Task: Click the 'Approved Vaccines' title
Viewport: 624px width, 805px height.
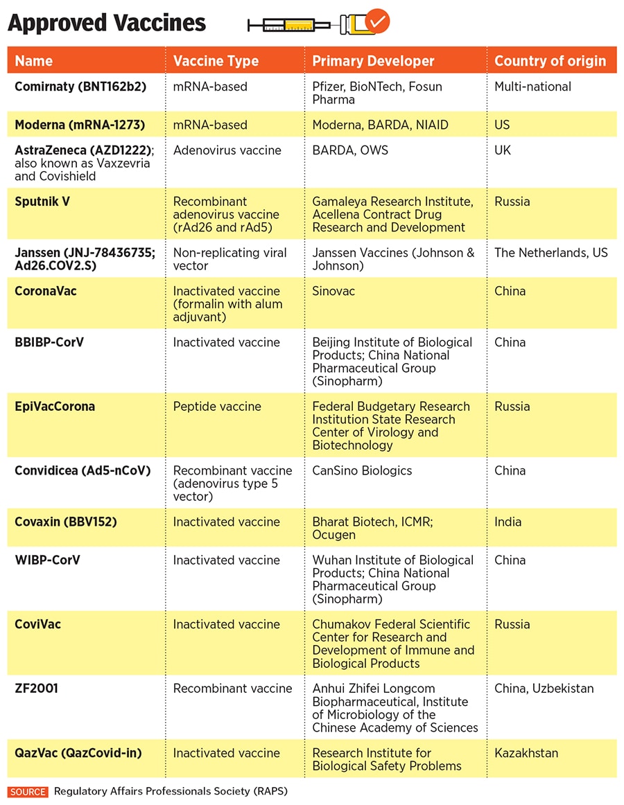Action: (x=107, y=23)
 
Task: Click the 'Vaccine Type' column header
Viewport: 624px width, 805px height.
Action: (x=216, y=61)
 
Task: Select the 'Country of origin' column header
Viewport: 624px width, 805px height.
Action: (x=550, y=61)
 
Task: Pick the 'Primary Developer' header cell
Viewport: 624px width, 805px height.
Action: (x=373, y=61)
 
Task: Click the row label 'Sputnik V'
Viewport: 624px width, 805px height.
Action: (x=42, y=202)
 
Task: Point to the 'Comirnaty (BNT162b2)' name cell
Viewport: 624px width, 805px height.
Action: (x=78, y=87)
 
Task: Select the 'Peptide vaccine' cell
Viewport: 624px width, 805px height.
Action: (x=217, y=407)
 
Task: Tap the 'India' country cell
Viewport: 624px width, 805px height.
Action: (x=508, y=522)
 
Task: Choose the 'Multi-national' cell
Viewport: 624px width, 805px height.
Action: (x=532, y=87)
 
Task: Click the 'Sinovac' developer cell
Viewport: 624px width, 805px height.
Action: (x=333, y=291)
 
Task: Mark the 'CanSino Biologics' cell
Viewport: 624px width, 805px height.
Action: (x=362, y=470)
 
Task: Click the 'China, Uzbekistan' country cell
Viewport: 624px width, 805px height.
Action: (x=544, y=689)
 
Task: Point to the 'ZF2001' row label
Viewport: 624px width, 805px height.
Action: (x=36, y=689)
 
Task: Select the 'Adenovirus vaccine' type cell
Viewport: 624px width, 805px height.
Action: (x=227, y=150)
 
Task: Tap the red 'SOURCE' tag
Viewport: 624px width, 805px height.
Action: (x=28, y=791)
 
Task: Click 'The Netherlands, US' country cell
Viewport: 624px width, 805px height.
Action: (x=551, y=253)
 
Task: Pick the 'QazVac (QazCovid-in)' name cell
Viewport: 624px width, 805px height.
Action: (x=78, y=753)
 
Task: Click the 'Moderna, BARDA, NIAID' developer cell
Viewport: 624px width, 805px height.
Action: (x=380, y=125)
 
